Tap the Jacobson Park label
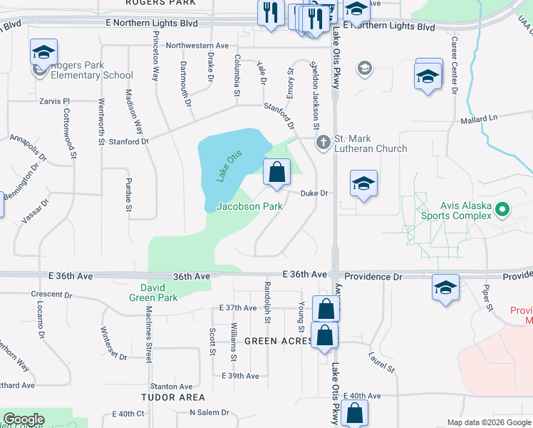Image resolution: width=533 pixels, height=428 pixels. pos(249,207)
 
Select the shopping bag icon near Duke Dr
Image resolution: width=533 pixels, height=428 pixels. pos(276,173)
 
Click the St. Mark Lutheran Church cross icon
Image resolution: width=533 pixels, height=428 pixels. pos(323,142)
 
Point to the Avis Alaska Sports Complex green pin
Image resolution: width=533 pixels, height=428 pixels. pos(502,210)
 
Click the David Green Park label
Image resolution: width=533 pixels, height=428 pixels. pos(152,292)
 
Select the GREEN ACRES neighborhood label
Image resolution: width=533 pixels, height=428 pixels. pos(277,341)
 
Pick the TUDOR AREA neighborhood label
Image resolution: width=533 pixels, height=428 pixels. pos(173,397)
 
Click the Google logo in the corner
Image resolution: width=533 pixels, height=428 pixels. pos(24,419)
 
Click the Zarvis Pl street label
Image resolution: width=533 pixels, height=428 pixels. pos(54,102)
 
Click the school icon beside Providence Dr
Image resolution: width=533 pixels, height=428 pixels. pos(445,288)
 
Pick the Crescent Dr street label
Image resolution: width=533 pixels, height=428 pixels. pos(53,294)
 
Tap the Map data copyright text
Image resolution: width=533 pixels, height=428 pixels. pos(489,422)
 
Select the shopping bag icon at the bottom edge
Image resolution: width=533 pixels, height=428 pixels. pos(354,413)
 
